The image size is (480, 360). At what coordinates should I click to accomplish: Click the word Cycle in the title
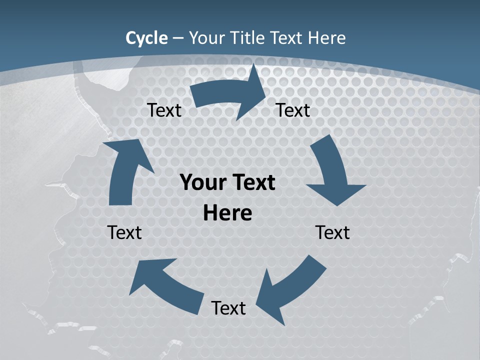[146, 38]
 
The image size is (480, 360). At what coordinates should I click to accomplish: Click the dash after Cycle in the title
[177, 38]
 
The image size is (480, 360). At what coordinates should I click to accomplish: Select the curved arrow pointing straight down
[332, 172]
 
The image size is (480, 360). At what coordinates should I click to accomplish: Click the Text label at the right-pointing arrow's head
[293, 110]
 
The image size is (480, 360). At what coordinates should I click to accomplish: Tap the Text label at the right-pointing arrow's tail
[164, 110]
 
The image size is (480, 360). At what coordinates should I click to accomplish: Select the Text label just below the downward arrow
[332, 232]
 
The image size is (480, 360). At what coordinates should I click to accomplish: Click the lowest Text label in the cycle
[228, 308]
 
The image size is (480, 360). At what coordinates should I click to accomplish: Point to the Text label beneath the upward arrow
[124, 232]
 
